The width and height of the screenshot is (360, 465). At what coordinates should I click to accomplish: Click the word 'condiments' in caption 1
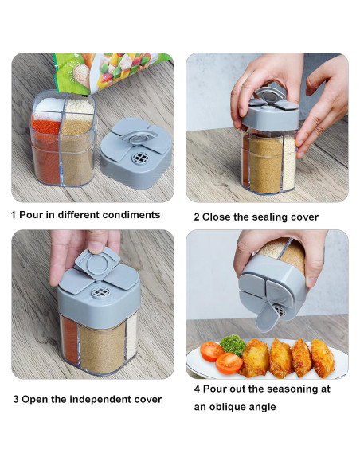[131, 214]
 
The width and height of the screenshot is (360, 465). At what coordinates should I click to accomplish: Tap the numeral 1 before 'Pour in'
[13, 215]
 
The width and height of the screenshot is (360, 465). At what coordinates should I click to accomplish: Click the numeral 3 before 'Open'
[16, 399]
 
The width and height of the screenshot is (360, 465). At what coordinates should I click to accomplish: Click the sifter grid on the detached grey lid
[140, 158]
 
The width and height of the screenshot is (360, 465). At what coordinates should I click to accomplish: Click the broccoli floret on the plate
[233, 345]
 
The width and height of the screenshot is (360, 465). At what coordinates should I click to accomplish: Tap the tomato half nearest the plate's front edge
[229, 363]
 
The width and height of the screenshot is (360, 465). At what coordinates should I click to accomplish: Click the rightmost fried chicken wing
[322, 358]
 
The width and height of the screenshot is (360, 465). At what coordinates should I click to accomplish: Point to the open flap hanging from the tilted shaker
[267, 317]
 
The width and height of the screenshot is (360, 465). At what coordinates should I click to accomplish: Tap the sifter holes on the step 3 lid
[100, 292]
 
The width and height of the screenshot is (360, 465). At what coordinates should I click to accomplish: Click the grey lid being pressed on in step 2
[269, 115]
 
